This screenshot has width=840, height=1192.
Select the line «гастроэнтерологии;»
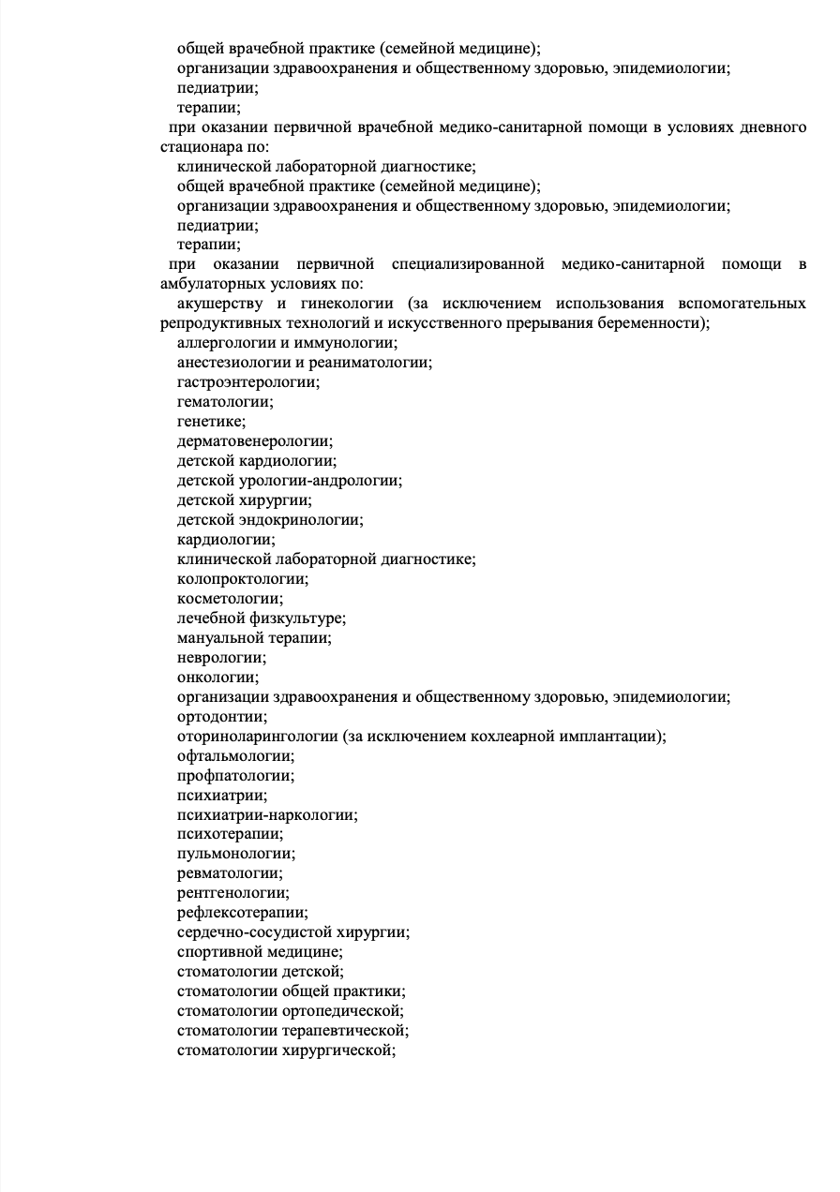click(x=248, y=382)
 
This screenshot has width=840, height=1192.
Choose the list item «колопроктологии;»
click(x=243, y=579)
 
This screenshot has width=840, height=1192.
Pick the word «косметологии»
click(x=229, y=599)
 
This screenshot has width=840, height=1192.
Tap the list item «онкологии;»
click(x=218, y=678)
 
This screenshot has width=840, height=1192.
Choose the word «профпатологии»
click(x=234, y=776)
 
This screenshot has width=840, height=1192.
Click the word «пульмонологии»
click(x=234, y=854)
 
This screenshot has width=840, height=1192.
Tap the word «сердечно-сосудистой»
click(x=247, y=932)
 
